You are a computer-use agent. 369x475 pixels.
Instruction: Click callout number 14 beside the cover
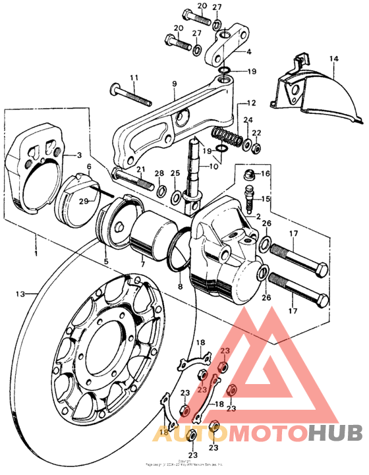click(334, 59)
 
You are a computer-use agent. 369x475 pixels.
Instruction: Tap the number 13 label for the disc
click(19, 293)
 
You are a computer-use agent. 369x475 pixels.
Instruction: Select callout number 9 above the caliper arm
click(175, 84)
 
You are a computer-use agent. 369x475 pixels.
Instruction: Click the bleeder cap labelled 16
click(249, 175)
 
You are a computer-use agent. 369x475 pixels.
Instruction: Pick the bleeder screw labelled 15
click(250, 198)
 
